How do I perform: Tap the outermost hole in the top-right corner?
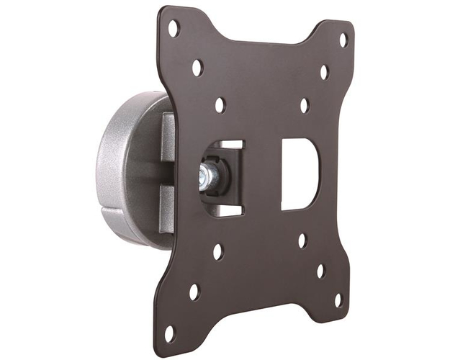[x=343, y=40]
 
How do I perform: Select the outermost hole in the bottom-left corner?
[x=169, y=333]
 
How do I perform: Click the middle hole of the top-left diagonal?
[x=197, y=68]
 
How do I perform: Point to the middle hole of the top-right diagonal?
[x=324, y=72]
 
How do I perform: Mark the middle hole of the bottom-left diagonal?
[x=194, y=292]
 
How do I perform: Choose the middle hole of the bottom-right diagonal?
[x=320, y=271]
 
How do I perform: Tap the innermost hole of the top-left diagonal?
[x=220, y=105]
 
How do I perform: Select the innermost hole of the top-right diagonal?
[x=304, y=105]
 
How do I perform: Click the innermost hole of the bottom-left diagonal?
[x=217, y=252]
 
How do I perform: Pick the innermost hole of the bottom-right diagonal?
[x=302, y=240]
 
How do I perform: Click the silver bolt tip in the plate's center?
[x=204, y=176]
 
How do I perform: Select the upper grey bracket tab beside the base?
[x=167, y=137]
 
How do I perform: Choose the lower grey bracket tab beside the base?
[x=166, y=209]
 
